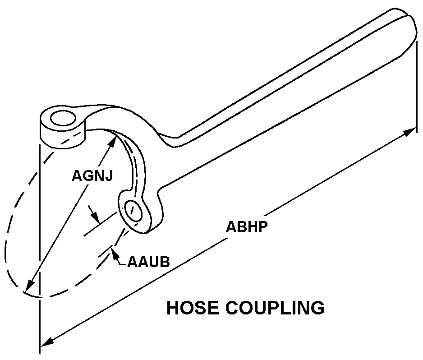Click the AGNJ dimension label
click(92, 175)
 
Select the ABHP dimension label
click(247, 226)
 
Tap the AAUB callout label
click(148, 262)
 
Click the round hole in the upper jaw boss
click(63, 119)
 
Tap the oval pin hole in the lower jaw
click(133, 211)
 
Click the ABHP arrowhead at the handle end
click(410, 131)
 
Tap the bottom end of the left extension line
click(40, 350)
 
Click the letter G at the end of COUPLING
click(317, 308)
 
